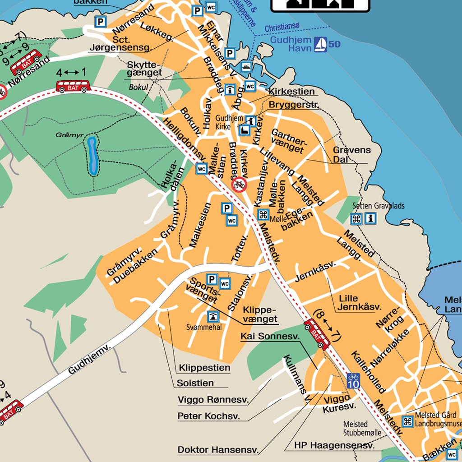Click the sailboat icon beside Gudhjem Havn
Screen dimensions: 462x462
[x=321, y=44]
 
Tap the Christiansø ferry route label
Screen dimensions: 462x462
[x=282, y=28]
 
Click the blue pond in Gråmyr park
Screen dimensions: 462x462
[x=92, y=156]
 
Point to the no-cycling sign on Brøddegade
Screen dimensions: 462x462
[x=239, y=184]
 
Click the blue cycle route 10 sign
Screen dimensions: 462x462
[x=353, y=380]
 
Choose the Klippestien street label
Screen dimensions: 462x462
[x=204, y=368]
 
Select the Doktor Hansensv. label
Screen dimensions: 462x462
[x=218, y=449]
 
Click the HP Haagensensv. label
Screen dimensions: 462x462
[x=334, y=445]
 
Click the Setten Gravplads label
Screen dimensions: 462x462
[x=378, y=206]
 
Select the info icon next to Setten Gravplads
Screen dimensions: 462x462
[x=370, y=219]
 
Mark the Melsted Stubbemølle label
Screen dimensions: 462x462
[x=362, y=429]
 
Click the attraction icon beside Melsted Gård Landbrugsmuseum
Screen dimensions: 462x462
[x=407, y=421]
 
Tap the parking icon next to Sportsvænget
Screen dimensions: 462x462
[x=211, y=279]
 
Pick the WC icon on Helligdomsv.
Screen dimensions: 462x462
[x=202, y=169]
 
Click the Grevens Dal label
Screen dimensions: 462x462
[x=351, y=154]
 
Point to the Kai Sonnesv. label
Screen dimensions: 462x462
[x=270, y=336]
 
